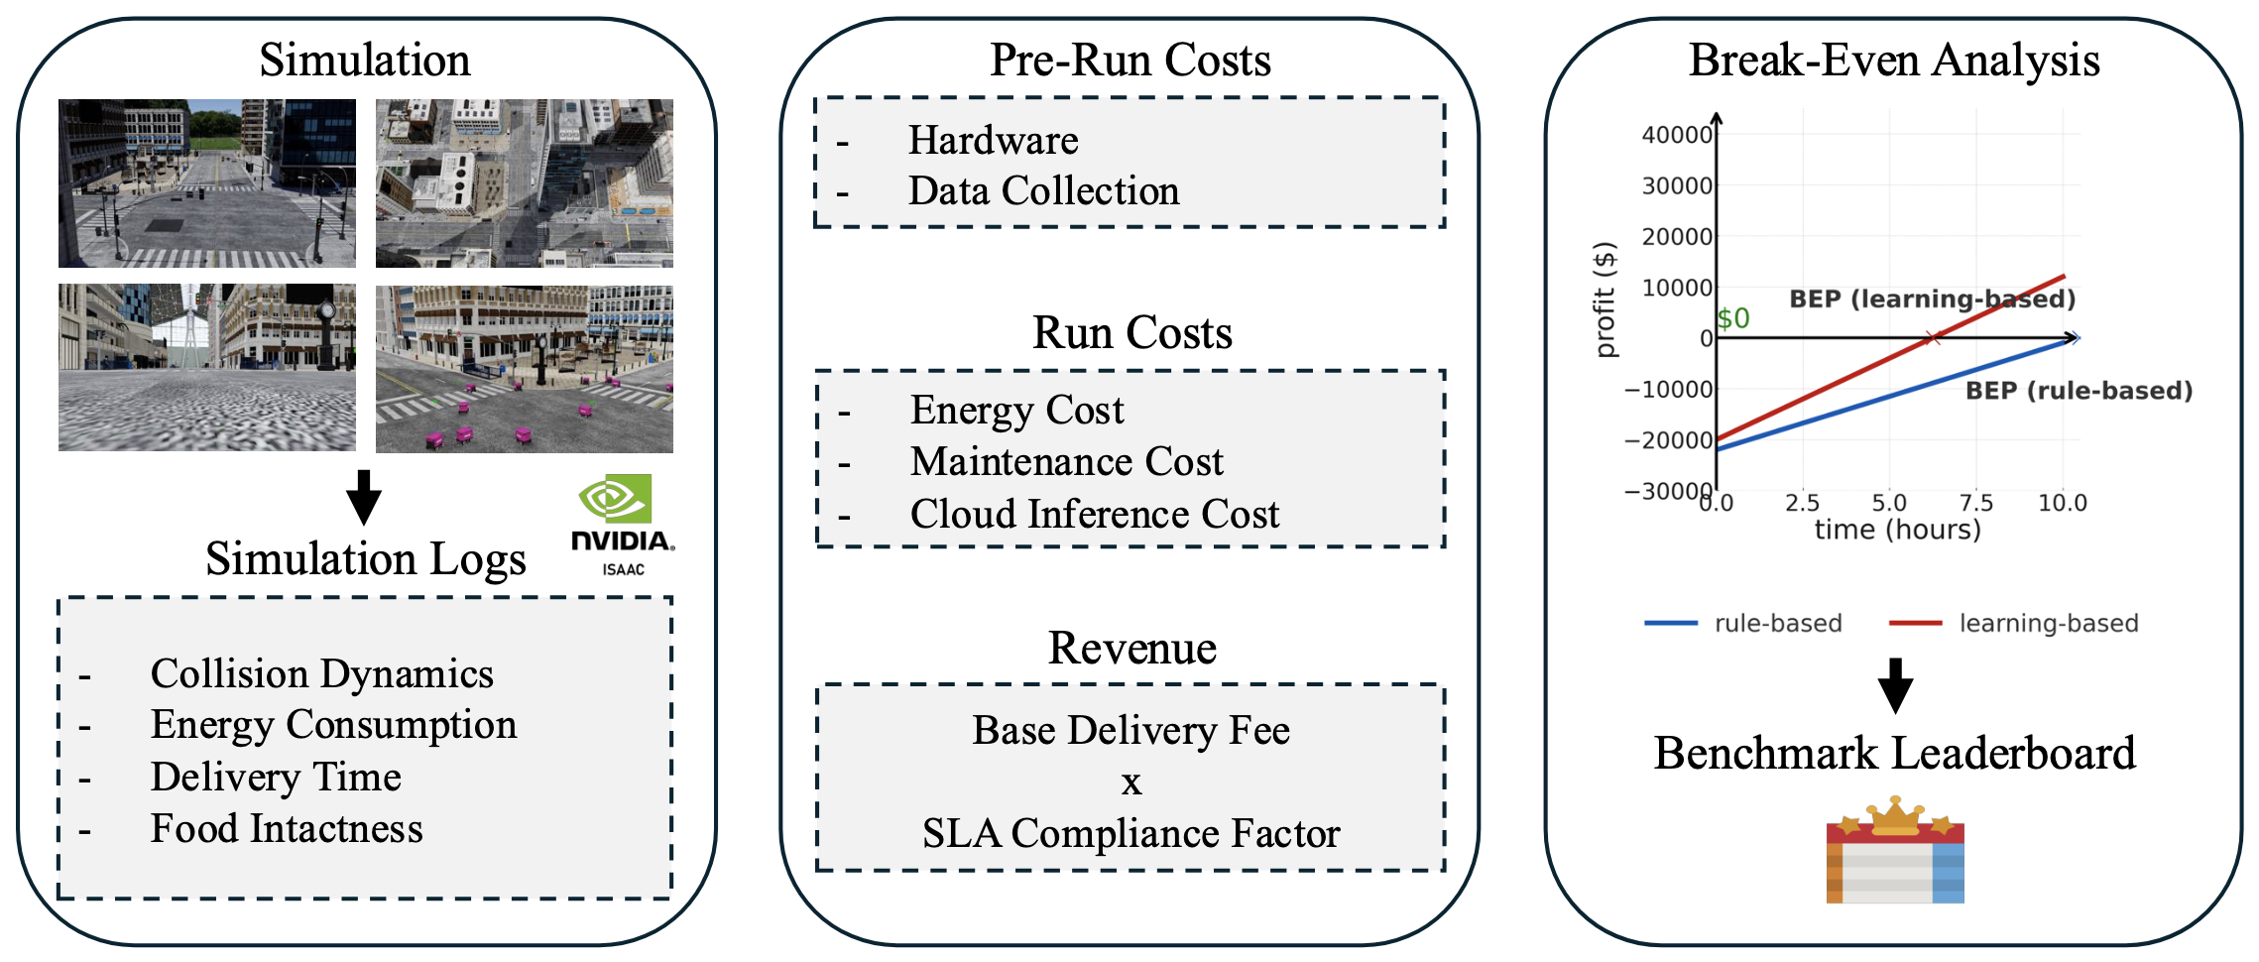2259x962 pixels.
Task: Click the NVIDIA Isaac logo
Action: [x=622, y=525]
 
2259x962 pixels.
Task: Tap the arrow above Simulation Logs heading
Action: [x=364, y=497]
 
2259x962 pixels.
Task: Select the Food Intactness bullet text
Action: [x=286, y=828]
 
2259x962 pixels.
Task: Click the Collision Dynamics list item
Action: [x=321, y=673]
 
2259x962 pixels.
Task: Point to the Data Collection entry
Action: [x=1043, y=190]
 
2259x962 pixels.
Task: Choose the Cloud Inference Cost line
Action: [x=1094, y=514]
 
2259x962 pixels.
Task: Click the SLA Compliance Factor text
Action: [x=1130, y=833]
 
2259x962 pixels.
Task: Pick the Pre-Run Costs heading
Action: [x=1129, y=60]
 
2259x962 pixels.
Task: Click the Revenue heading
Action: [x=1131, y=648]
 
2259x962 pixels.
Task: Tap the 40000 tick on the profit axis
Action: [x=1676, y=135]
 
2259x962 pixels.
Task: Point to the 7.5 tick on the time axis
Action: [x=1975, y=503]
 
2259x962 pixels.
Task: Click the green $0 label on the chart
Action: [x=1733, y=318]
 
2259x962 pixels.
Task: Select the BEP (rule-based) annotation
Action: [x=2079, y=391]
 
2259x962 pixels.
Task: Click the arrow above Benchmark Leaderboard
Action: [x=1894, y=685]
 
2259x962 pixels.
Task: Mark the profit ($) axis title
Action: [x=1605, y=299]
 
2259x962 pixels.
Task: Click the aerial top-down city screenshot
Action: [x=524, y=183]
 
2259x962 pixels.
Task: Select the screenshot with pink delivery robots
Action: [x=524, y=369]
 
